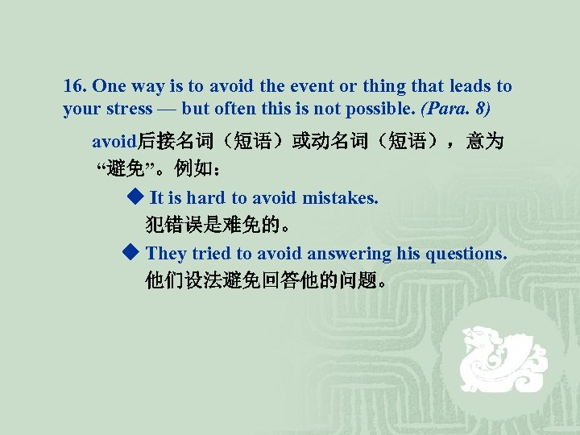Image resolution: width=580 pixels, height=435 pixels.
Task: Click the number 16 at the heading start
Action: click(x=74, y=86)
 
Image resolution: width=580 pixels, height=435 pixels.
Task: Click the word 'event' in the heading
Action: click(x=308, y=86)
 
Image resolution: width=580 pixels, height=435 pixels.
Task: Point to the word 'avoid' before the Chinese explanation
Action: click(x=113, y=143)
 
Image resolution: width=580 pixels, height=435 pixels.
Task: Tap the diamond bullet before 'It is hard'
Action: click(x=134, y=197)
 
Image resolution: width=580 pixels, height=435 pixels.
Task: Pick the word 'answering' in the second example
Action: click(x=350, y=254)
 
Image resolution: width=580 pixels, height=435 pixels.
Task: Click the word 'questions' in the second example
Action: click(x=466, y=254)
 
